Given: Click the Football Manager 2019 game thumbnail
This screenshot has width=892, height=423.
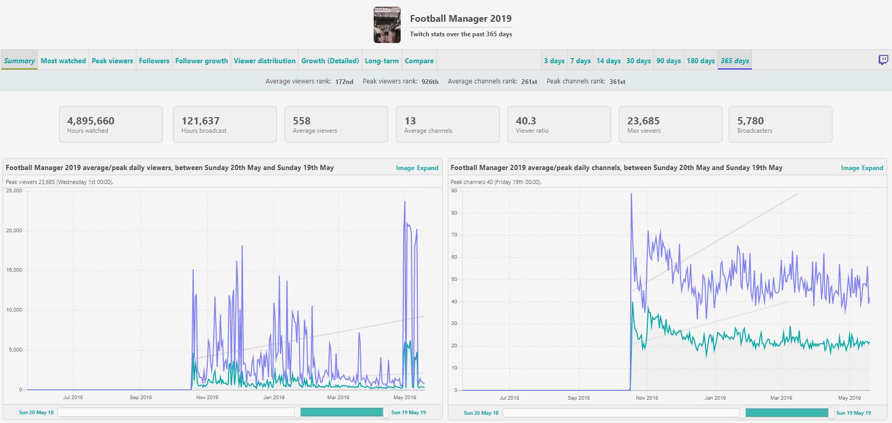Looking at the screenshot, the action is tap(387, 25).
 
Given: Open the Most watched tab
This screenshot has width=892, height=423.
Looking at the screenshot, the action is tap(63, 61).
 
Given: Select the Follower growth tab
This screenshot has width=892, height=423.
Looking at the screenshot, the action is tap(202, 61).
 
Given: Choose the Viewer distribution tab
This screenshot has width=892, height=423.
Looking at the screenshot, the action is tap(264, 61).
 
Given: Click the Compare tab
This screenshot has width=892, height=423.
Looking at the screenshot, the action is tap(419, 61).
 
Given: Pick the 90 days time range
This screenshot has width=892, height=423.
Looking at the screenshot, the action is tap(669, 61).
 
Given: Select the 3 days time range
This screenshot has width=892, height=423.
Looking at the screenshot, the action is tap(554, 61).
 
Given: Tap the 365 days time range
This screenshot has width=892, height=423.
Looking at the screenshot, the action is tap(734, 61).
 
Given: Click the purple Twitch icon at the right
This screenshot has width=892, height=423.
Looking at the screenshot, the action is tap(883, 60).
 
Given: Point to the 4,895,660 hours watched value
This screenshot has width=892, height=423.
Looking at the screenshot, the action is tap(91, 121).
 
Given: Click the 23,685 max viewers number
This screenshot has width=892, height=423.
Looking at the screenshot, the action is tap(643, 121).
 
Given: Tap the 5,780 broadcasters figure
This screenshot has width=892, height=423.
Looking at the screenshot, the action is tap(751, 121).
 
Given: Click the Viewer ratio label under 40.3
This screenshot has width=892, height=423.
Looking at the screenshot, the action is tap(532, 131).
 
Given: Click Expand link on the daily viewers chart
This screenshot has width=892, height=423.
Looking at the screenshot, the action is tap(428, 168).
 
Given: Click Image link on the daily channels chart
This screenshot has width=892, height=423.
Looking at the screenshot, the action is tap(850, 168).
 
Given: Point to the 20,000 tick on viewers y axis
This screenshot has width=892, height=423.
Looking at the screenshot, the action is tap(14, 231).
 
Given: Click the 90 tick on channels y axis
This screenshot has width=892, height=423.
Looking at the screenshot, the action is tap(455, 191).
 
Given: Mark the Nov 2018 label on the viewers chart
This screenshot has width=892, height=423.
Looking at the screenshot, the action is tap(207, 398).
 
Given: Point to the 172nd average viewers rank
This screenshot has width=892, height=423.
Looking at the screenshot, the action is tap(344, 81).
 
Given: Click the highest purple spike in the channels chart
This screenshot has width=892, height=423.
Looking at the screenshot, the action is tap(631, 194).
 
